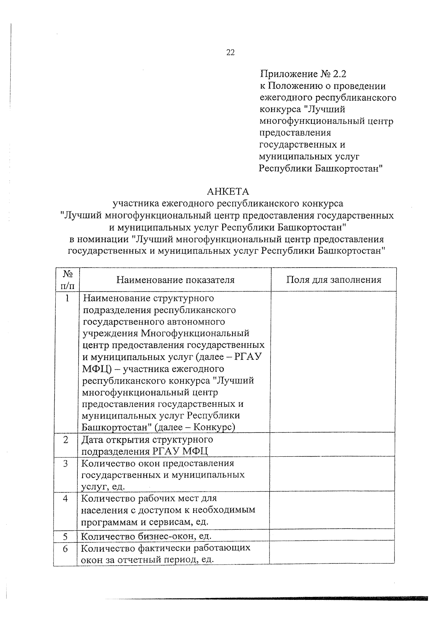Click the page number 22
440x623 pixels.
pos(230,52)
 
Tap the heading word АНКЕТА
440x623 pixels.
pos(228,191)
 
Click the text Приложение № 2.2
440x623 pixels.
pos(303,74)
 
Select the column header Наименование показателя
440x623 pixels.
pos(175,280)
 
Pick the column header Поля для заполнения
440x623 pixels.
pos(333,280)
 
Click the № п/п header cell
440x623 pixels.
pos(66,279)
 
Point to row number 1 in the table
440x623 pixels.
pos(67,298)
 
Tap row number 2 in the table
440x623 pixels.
pos(66,440)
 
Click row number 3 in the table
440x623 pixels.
pos(66,463)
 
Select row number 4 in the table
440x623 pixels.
pos(66,499)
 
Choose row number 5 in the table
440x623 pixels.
pos(65,536)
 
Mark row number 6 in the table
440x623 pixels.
pos(65,549)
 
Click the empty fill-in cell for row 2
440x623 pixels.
pos(333,445)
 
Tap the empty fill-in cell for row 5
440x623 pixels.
pos(332,535)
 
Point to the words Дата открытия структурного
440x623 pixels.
pos(147,439)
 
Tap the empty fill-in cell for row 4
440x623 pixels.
pos(332,510)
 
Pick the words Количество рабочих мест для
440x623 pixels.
pos(149,498)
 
